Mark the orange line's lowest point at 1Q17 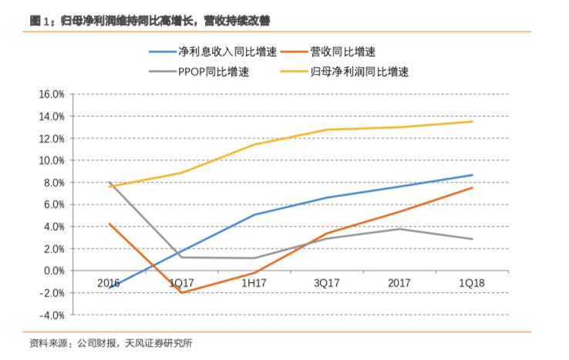click(x=181, y=293)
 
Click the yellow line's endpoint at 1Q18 click(x=473, y=121)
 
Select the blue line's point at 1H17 click(x=254, y=214)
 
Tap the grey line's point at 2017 click(x=399, y=229)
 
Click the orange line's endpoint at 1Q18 click(x=473, y=187)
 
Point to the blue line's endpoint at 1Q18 click(x=473, y=175)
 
